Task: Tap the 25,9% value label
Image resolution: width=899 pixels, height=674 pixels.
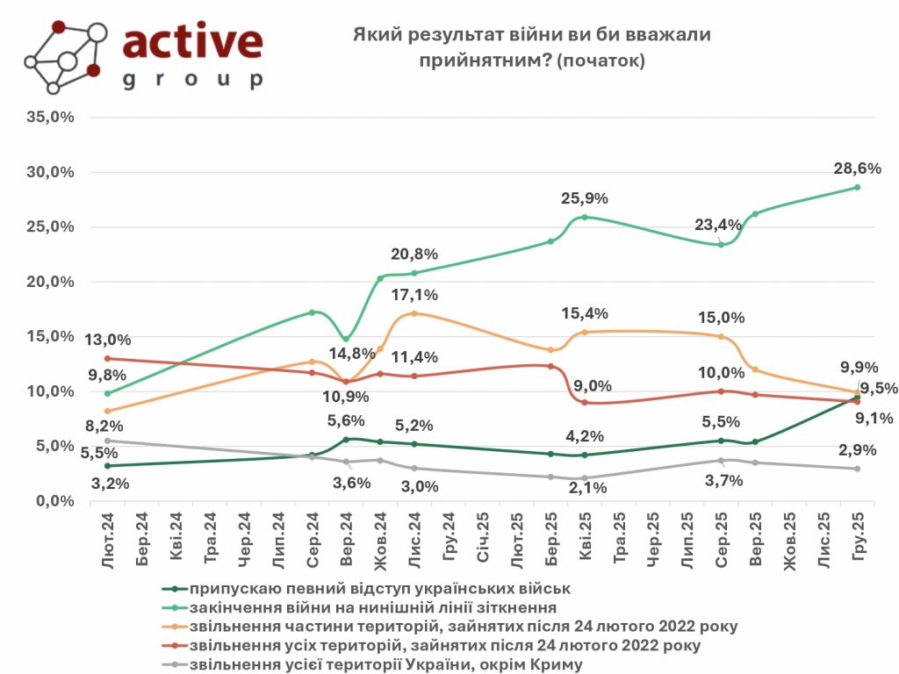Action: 584,198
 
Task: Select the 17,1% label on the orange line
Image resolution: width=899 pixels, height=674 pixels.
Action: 414,295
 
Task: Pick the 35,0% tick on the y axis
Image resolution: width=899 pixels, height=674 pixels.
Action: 52,117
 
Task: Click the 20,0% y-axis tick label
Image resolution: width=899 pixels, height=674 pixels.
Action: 52,282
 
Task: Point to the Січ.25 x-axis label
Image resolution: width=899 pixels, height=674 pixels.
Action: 484,534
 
